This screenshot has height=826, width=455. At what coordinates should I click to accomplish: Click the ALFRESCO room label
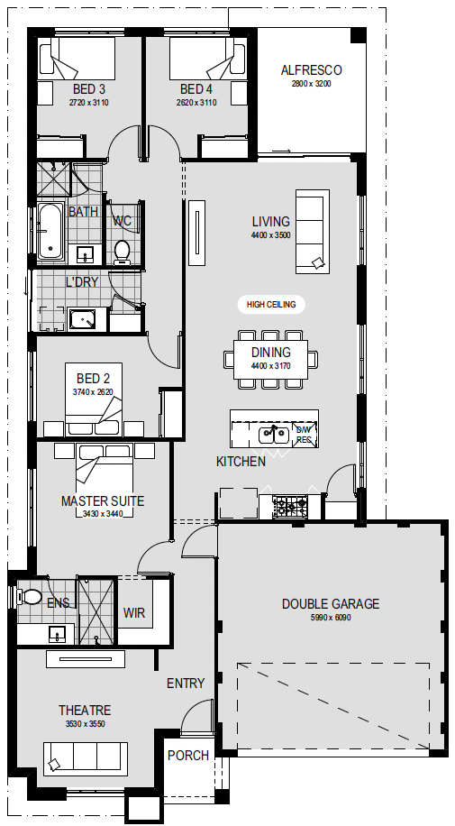click(311, 70)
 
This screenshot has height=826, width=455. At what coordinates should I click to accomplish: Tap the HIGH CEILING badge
click(271, 304)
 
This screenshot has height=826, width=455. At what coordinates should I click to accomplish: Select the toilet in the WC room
click(123, 252)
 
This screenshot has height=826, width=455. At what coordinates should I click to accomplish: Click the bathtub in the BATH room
click(50, 231)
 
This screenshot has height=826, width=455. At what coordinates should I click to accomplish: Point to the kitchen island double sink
click(274, 436)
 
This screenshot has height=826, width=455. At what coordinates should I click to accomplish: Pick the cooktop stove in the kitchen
click(290, 507)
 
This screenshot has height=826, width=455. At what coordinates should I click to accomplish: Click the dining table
click(270, 360)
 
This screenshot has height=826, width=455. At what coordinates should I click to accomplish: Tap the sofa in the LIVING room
click(313, 232)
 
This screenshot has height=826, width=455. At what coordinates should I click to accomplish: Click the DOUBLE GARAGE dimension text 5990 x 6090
click(330, 618)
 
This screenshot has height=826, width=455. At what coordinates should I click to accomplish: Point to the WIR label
click(133, 612)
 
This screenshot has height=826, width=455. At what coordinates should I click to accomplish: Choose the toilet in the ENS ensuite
click(30, 597)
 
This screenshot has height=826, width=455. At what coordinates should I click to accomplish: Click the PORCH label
click(188, 756)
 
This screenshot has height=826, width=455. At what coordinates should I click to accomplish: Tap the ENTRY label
click(186, 684)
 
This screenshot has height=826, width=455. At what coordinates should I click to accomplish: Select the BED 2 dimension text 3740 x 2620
click(93, 392)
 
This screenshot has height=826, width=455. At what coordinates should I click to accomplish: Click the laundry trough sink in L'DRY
click(82, 319)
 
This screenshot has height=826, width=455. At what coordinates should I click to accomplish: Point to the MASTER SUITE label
click(103, 501)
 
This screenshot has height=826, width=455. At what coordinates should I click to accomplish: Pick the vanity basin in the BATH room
click(85, 255)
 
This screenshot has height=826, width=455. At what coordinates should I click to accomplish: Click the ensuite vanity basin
click(57, 634)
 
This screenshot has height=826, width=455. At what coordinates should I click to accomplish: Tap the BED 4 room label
click(196, 89)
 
